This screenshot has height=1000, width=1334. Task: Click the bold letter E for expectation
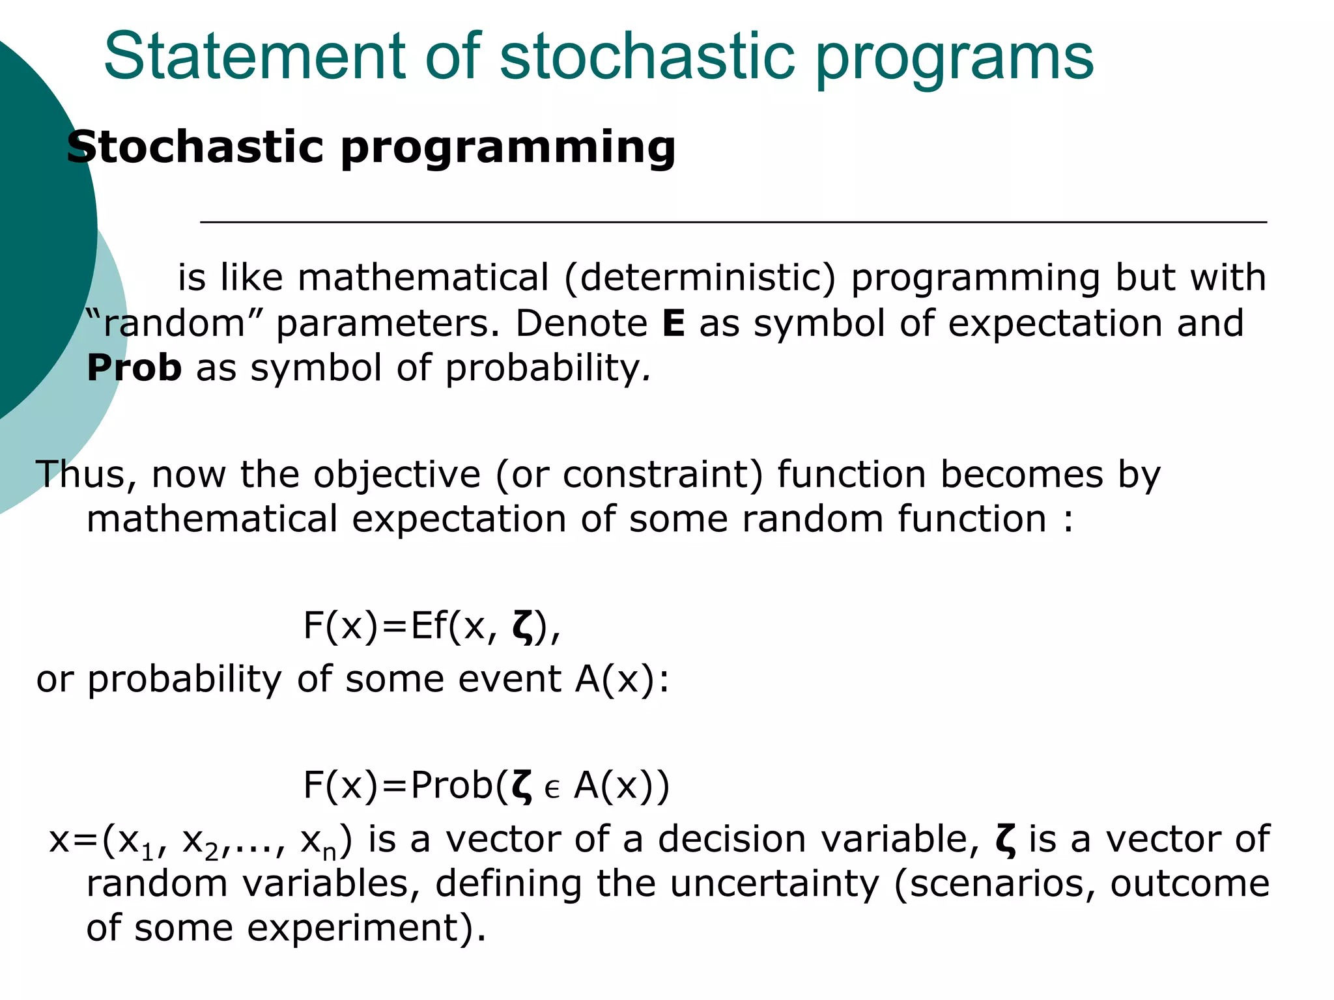(674, 324)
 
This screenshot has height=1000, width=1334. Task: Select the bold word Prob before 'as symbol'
(134, 368)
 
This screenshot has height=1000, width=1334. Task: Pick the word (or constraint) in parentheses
(629, 475)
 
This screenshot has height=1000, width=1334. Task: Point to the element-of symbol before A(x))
(552, 789)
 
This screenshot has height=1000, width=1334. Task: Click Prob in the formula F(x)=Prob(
(452, 786)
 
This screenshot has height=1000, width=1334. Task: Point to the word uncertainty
(774, 884)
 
